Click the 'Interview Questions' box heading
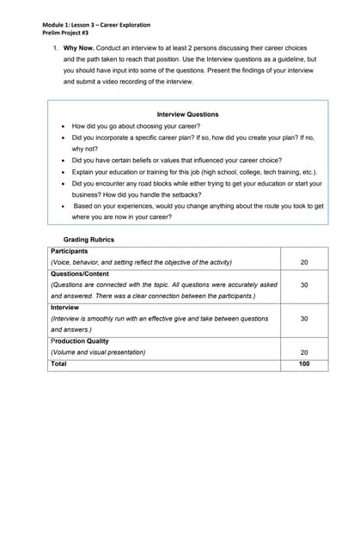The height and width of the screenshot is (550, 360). [x=187, y=114]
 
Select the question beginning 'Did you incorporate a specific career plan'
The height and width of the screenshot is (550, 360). [x=197, y=137]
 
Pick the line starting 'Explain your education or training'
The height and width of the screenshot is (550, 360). [x=195, y=172]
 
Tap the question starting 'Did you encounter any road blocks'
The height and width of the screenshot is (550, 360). [x=197, y=183]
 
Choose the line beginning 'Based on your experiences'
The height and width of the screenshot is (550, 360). [x=198, y=206]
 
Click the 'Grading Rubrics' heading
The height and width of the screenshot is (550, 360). [x=88, y=240]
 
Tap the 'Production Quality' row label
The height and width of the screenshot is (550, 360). [x=79, y=341]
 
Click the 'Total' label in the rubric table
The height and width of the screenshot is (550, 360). [x=58, y=364]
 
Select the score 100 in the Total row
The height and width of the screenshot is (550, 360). [x=303, y=364]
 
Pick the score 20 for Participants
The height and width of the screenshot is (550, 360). [x=303, y=262]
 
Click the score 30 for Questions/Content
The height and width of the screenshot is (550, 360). [x=303, y=284]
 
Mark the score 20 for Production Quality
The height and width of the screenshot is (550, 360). [x=303, y=352]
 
